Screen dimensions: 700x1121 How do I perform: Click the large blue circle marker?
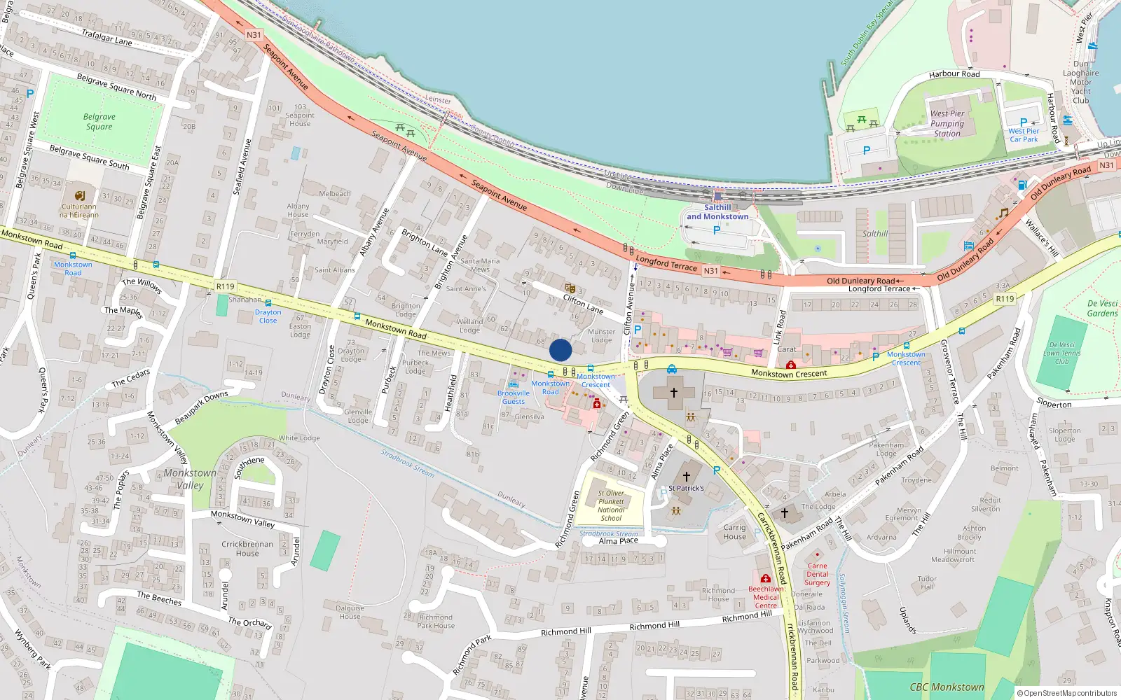560,350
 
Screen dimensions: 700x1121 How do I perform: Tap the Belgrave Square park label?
99,122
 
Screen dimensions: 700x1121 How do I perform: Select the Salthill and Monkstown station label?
717,212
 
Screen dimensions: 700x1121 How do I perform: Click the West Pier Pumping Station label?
947,123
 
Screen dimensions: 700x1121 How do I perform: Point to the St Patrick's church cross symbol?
687,477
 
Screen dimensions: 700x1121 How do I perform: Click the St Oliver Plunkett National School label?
611,505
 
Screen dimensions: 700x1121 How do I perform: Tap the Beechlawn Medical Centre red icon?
766,579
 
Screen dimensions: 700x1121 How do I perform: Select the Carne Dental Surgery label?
817,574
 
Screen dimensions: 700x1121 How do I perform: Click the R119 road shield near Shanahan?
226,286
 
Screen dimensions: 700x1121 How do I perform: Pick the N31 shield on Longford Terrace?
711,271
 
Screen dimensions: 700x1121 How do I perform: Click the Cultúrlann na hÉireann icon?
80,195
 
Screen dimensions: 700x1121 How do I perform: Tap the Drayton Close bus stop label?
268,316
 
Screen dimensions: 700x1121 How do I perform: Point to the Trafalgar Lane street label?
106,36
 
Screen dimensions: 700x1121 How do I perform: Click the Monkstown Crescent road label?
789,374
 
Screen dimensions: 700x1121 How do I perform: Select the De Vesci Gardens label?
1102,309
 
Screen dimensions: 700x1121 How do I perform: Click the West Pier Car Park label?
1024,135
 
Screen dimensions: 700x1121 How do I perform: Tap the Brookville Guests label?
514,398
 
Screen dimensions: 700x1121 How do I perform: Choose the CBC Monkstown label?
947,687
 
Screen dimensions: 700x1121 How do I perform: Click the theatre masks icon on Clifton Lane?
570,288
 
